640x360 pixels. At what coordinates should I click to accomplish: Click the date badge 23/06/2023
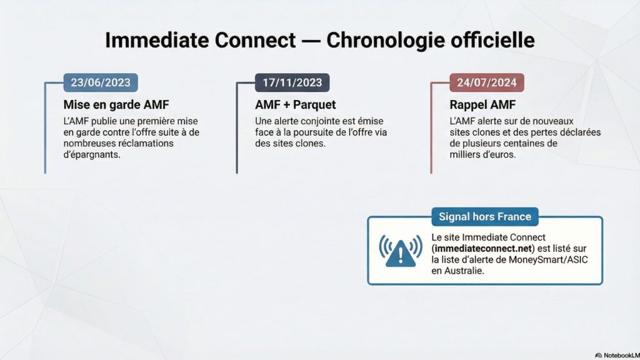101,82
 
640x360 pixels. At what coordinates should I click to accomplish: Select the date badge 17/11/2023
292,82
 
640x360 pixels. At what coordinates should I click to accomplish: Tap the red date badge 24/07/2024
486,82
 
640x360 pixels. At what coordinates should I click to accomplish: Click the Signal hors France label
484,217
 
